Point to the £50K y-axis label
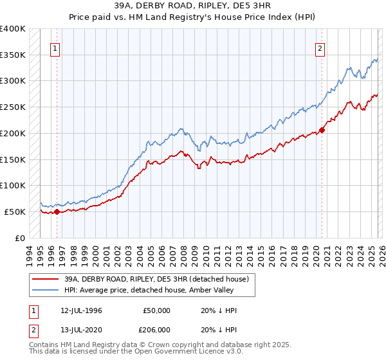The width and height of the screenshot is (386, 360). tap(15, 212)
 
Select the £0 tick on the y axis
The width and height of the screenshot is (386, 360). tap(21, 238)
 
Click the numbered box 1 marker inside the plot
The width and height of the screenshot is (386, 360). tap(56, 48)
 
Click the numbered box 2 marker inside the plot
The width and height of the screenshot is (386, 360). tap(320, 48)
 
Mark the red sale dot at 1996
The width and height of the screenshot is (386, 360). tap(57, 211)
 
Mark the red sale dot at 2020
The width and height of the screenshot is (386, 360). tap(322, 130)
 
